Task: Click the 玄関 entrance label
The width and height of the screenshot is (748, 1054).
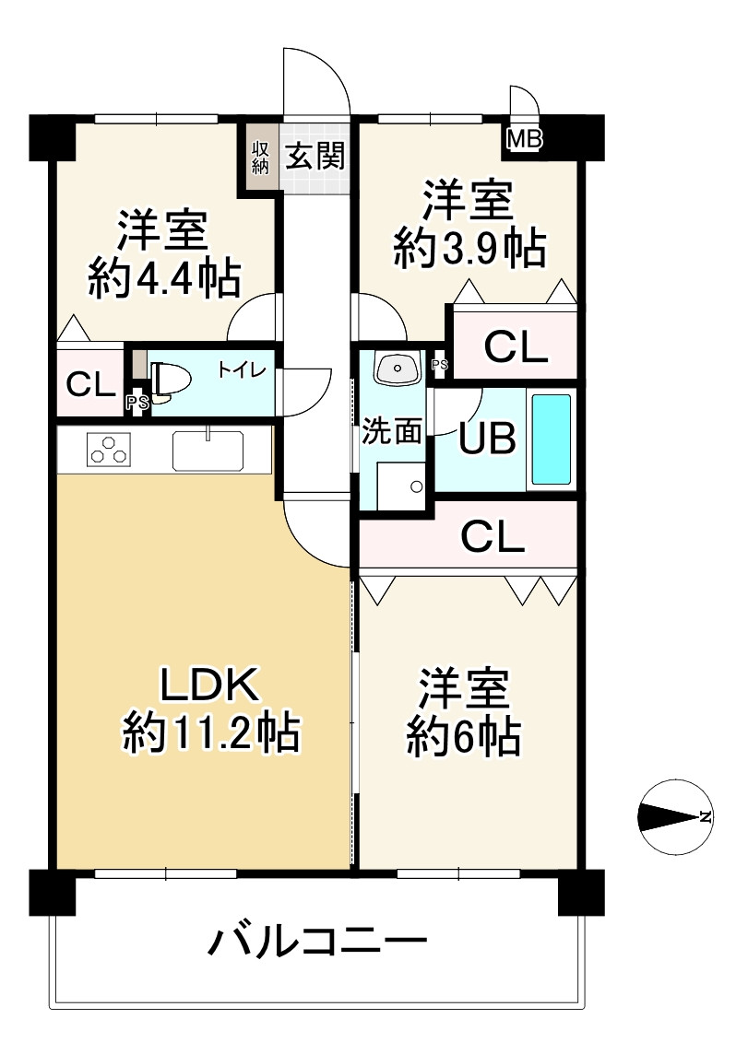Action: [315, 156]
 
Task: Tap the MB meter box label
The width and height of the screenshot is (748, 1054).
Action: [524, 140]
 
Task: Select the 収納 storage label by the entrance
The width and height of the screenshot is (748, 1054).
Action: [260, 158]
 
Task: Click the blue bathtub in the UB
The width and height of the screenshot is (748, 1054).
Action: [552, 439]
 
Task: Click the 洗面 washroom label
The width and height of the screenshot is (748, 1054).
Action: [392, 431]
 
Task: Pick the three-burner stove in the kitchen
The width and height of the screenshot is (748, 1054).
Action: [109, 449]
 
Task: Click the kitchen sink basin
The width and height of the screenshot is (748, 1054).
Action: [208, 450]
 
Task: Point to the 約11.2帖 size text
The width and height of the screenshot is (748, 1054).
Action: [211, 732]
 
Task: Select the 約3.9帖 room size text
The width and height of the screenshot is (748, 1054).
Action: [469, 248]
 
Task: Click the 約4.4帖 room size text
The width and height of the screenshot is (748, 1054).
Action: [164, 278]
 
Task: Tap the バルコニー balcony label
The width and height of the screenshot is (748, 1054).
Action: [317, 941]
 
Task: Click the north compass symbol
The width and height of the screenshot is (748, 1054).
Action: [675, 816]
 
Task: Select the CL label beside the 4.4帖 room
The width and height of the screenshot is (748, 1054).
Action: [90, 386]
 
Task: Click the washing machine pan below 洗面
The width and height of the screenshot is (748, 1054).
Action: [400, 486]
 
